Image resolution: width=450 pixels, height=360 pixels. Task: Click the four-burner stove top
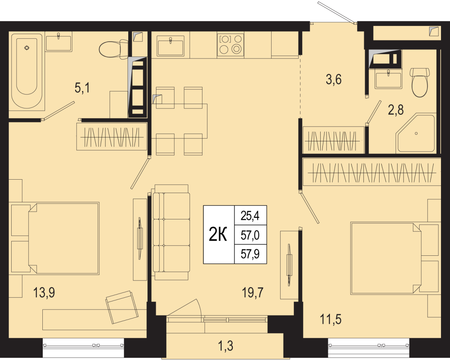(x=230, y=45)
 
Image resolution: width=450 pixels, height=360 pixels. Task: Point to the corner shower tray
(x=416, y=133)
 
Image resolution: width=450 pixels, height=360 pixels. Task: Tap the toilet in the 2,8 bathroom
(x=420, y=82)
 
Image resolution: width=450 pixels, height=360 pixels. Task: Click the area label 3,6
(x=334, y=80)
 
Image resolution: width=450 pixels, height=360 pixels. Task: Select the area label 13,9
(x=44, y=292)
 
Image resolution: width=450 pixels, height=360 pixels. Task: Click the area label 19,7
(x=253, y=292)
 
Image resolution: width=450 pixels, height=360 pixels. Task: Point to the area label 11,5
(x=331, y=319)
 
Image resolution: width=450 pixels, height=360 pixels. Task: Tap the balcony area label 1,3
(x=226, y=346)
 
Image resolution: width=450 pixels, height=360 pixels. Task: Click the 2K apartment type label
(x=218, y=234)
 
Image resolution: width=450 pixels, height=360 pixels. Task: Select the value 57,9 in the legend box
(x=250, y=254)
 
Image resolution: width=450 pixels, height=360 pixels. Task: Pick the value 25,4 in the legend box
(x=250, y=216)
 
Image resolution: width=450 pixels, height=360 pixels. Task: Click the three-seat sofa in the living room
(x=171, y=232)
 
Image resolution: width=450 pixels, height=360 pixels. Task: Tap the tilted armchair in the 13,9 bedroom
(x=122, y=307)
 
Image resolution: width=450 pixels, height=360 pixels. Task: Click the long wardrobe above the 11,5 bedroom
(x=372, y=172)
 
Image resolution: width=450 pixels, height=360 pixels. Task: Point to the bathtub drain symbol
(x=27, y=48)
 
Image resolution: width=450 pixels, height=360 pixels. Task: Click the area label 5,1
(x=82, y=88)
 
